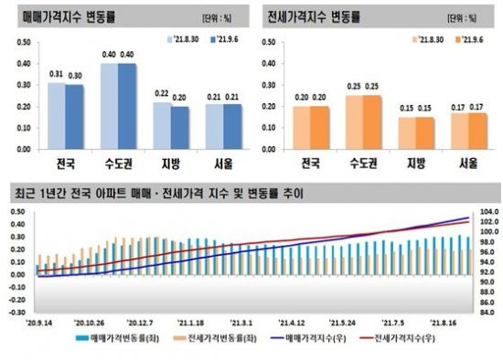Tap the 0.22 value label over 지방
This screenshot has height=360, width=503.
coord(162,94)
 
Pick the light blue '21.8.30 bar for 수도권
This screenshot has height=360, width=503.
coord(109,106)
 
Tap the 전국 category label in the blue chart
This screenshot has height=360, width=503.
coord(65,166)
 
